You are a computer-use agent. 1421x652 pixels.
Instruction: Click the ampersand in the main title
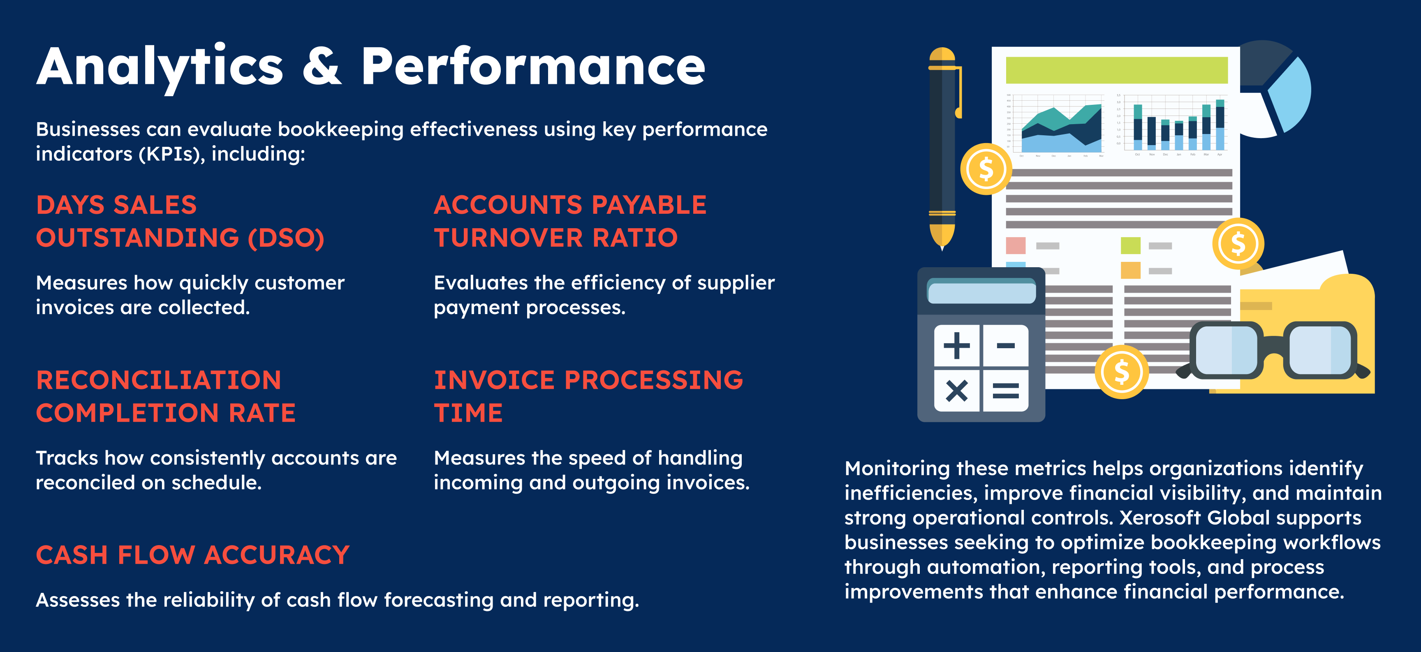(x=322, y=66)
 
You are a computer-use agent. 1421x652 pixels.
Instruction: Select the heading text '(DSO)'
(x=286, y=238)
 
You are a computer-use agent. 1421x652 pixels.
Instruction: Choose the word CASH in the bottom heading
(x=72, y=555)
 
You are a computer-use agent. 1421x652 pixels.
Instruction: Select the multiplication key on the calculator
(x=956, y=391)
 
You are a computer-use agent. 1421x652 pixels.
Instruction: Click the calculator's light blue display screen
(x=981, y=291)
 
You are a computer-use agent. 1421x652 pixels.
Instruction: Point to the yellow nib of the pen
(x=942, y=236)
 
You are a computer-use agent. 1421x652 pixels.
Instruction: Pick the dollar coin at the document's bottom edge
(x=1122, y=372)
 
